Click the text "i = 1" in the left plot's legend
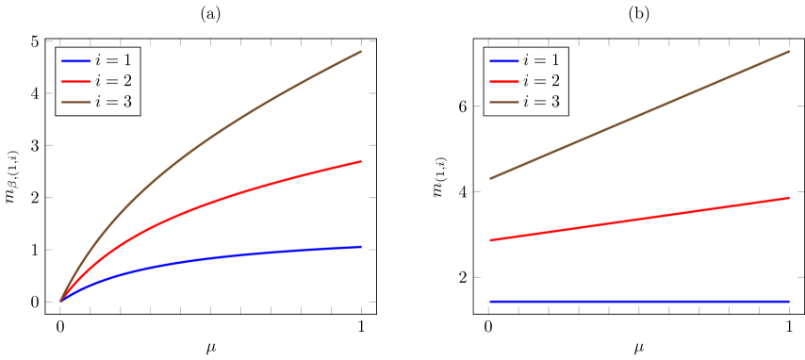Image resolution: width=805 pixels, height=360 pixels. coord(113,60)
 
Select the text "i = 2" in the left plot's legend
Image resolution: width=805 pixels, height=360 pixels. coord(113,81)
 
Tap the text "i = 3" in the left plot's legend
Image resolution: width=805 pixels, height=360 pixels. coord(113,102)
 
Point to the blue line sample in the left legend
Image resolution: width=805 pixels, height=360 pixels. coord(75,60)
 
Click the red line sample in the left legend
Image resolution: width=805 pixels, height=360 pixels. coord(75,81)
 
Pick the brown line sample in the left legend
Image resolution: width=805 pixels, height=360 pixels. coord(75,102)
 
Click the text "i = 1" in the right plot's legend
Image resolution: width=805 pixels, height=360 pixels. coord(541,60)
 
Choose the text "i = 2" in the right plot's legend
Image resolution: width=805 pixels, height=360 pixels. coord(541,81)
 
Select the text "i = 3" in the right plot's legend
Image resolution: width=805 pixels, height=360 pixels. coord(541,102)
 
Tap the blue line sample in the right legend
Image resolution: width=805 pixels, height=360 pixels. coord(503,60)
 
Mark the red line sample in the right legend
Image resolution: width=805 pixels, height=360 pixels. coord(503,81)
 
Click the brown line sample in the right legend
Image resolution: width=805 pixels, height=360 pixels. coord(503,102)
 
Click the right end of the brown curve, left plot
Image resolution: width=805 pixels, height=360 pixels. coord(361,52)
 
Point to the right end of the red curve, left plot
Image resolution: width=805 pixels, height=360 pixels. coord(361,161)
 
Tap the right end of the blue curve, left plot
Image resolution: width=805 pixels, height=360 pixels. coord(361,247)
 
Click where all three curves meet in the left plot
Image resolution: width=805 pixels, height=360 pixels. coord(60,302)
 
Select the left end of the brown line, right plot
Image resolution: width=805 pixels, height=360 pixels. coord(489,179)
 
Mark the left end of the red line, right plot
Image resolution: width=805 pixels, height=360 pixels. coord(489,240)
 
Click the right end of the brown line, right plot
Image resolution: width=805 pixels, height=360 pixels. coord(789,52)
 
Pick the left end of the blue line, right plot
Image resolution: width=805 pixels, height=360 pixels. coord(489,302)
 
